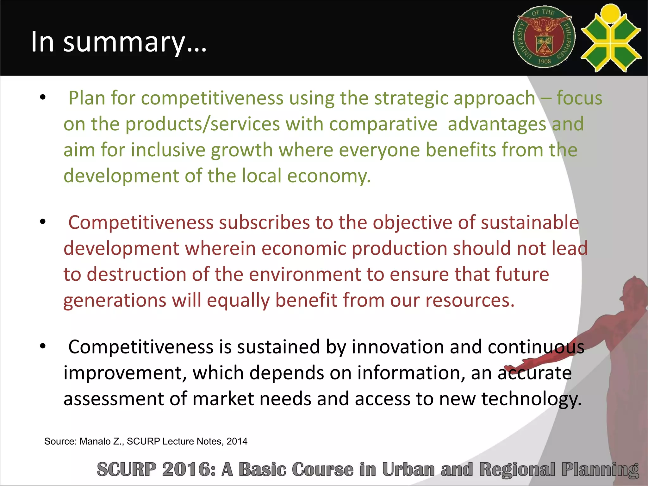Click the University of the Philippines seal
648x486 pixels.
click(544, 37)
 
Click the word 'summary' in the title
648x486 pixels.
click(124, 42)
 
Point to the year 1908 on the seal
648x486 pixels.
click(544, 61)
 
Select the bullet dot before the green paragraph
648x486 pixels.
click(43, 97)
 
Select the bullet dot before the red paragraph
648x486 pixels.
click(43, 221)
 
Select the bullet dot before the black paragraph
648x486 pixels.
click(43, 346)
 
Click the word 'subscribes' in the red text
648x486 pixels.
click(264, 222)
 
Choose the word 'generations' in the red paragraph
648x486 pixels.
click(115, 300)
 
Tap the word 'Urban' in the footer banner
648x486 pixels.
click(408, 469)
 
